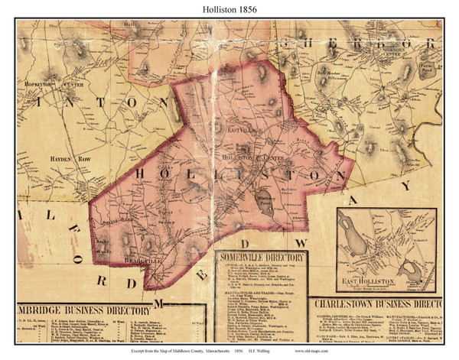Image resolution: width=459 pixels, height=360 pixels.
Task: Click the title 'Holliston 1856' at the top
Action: point(229,10)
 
